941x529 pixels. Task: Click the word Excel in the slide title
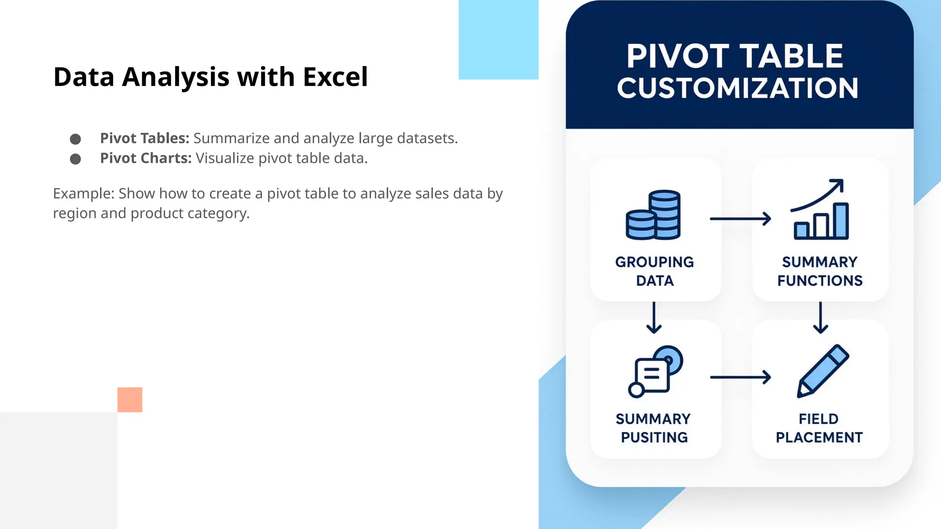(x=335, y=77)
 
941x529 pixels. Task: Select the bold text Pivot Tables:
(x=145, y=138)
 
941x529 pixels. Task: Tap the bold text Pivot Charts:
(x=146, y=158)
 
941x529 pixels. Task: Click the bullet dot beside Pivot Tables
(x=75, y=139)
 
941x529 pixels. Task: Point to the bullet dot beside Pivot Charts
(x=75, y=159)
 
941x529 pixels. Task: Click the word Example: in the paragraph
(x=83, y=194)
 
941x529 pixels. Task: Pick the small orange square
(x=130, y=400)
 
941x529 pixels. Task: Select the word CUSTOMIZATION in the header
(x=737, y=88)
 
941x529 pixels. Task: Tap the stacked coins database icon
(x=653, y=215)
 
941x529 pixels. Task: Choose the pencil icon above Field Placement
(x=822, y=371)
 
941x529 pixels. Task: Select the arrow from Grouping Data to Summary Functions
(x=740, y=219)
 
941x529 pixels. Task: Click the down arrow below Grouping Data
(x=654, y=317)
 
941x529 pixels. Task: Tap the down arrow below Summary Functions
(x=821, y=317)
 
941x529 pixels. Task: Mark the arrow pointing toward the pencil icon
(x=740, y=377)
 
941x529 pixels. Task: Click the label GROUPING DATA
(x=655, y=271)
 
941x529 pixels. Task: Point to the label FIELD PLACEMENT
(x=819, y=428)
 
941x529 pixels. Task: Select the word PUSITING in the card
(x=654, y=438)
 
